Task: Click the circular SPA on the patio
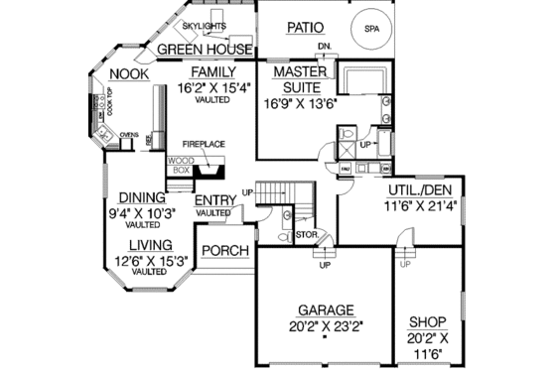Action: coord(370,30)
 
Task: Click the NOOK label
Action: coord(129,74)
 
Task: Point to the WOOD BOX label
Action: coord(180,165)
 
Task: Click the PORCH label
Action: coord(224,250)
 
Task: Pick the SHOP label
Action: coord(428,322)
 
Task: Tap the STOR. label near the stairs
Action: coord(305,234)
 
